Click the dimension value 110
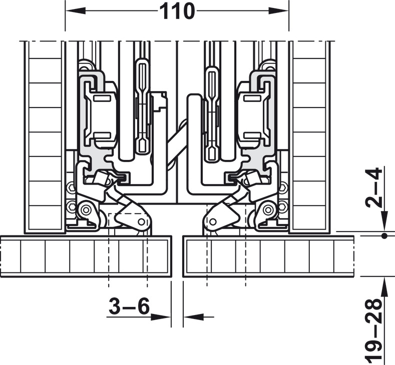click(177, 11)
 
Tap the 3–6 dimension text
click(129, 306)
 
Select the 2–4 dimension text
click(374, 187)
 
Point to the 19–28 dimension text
click(373, 330)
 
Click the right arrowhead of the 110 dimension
click(279, 11)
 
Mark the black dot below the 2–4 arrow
click(384, 236)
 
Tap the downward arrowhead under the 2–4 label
click(384, 221)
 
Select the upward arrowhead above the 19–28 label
click(384, 287)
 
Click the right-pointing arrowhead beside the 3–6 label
click(161, 317)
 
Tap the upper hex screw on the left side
click(71, 187)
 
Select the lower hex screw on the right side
click(283, 207)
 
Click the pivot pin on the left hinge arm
click(141, 222)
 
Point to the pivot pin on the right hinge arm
click(213, 222)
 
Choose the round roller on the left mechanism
click(87, 209)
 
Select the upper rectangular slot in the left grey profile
click(102, 98)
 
